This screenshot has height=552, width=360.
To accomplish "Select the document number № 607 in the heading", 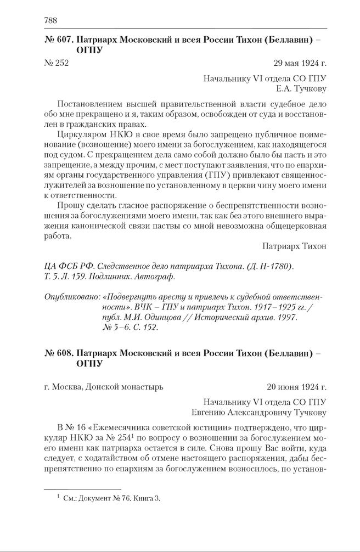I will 58,41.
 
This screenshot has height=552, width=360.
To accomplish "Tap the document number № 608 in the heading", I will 58,351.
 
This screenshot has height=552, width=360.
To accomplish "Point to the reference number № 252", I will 56,63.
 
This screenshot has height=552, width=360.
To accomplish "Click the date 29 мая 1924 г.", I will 299,63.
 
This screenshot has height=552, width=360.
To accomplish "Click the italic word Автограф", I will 156,277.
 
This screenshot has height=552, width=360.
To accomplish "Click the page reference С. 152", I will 144,328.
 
